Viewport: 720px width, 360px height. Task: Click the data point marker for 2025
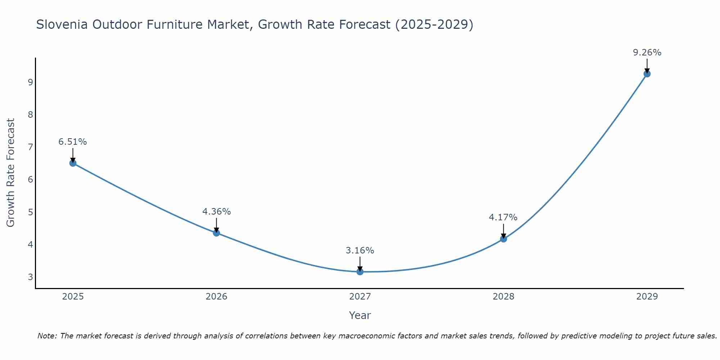(x=73, y=163)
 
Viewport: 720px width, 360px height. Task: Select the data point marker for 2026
(x=216, y=233)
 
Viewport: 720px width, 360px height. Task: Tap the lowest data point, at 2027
(x=360, y=271)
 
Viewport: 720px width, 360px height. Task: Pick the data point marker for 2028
(x=503, y=239)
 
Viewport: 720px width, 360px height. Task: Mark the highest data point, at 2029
(x=647, y=74)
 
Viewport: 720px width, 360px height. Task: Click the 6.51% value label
(x=73, y=142)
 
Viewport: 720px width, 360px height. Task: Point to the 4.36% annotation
(x=216, y=212)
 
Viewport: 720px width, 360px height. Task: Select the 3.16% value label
(x=360, y=251)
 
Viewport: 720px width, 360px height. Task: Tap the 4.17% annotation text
(x=503, y=217)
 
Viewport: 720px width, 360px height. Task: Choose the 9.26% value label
(x=647, y=53)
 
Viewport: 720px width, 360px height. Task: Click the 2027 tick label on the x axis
(x=360, y=297)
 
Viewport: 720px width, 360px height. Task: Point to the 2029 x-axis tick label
(x=647, y=297)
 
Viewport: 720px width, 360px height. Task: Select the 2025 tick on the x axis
(x=73, y=297)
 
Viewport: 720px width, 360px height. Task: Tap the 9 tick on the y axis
(x=30, y=82)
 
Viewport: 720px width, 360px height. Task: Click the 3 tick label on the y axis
(x=30, y=277)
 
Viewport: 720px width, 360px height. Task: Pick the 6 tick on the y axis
(x=30, y=180)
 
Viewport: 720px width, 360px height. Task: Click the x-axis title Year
(x=360, y=315)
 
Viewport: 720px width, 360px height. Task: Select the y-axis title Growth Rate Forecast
(x=11, y=173)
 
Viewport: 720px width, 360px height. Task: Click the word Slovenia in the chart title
(x=62, y=24)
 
